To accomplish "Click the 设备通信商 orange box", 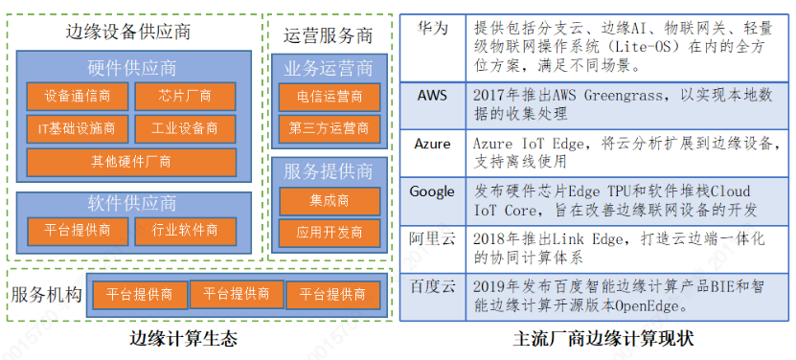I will coord(78,98).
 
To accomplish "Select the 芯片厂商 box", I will coord(186,98).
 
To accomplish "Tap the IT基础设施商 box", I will coord(78,127).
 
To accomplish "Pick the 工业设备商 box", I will coord(186,127).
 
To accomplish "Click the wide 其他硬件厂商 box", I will coord(131,161).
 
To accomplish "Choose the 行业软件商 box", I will coord(186,230).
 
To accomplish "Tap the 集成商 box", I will coord(329,201).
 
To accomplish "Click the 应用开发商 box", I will coord(329,232).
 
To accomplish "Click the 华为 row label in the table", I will coord(432,29).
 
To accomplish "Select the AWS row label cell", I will coord(432,96).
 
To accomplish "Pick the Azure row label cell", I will coord(432,144).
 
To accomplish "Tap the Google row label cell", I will coord(432,191).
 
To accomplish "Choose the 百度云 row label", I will coord(432,286).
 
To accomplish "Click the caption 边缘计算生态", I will coord(184,339).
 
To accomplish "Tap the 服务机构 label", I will coord(45,295).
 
